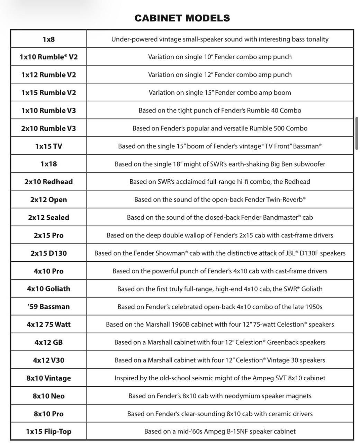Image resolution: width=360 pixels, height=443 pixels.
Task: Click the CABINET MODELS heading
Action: pyautogui.click(x=182, y=18)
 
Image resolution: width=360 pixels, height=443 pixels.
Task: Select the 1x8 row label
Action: pyautogui.click(x=48, y=39)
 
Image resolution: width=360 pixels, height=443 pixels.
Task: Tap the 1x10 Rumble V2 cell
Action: pyautogui.click(x=48, y=57)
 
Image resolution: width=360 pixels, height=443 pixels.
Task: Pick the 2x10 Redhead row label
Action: pyautogui.click(x=48, y=182)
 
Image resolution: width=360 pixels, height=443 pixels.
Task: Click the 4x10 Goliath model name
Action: pyautogui.click(x=48, y=289)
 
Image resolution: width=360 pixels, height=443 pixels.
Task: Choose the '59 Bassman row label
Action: pyautogui.click(x=48, y=307)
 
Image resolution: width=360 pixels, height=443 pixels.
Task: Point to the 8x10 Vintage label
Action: pyautogui.click(x=48, y=378)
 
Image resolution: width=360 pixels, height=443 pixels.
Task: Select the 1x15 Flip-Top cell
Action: pyautogui.click(x=48, y=431)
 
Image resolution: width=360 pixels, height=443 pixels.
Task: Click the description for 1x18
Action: pyautogui.click(x=220, y=164)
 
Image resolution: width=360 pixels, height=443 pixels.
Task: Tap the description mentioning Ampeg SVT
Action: pyautogui.click(x=220, y=378)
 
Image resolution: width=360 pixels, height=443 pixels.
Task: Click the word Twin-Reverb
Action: pyautogui.click(x=285, y=200)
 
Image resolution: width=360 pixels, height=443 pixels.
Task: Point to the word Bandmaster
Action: pyautogui.click(x=281, y=217)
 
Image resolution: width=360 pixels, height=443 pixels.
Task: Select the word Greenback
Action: pyautogui.click(x=281, y=342)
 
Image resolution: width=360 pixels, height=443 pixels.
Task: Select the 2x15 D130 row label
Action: pyautogui.click(x=48, y=253)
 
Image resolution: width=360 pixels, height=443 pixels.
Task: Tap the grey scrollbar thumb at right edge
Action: pyautogui.click(x=357, y=133)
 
